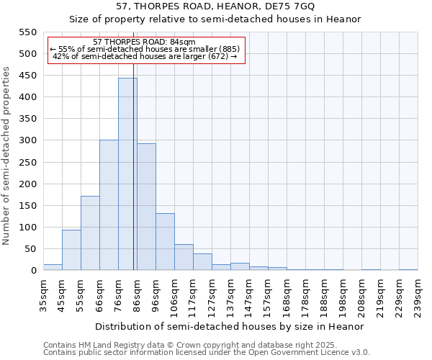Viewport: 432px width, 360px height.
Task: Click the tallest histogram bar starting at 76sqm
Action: pyautogui.click(x=127, y=174)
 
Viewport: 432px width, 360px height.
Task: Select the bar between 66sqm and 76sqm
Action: pyautogui.click(x=109, y=205)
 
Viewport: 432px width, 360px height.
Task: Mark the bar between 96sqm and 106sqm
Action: pyautogui.click(x=165, y=242)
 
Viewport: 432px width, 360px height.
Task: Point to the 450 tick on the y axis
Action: pyautogui.click(x=28, y=76)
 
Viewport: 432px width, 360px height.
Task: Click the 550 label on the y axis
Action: pyautogui.click(x=28, y=32)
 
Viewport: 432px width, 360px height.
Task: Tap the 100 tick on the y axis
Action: pyautogui.click(x=28, y=228)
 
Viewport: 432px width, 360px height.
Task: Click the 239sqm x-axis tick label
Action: pyautogui.click(x=418, y=296)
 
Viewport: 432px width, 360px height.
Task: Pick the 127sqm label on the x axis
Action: pyautogui.click(x=212, y=296)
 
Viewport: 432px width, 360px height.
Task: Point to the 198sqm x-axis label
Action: pyautogui.click(x=343, y=296)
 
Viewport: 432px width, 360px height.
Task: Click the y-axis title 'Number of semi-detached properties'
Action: pyautogui.click(x=6, y=156)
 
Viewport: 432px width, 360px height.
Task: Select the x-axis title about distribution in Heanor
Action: pyautogui.click(x=230, y=327)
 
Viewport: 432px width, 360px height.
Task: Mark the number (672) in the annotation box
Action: pyautogui.click(x=216, y=56)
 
